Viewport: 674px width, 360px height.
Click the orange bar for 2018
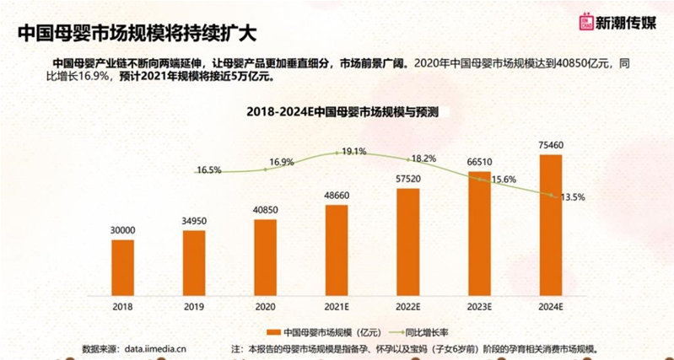coord(122,264)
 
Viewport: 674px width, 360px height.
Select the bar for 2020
coord(265,254)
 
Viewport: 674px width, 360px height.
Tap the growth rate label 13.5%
coord(571,196)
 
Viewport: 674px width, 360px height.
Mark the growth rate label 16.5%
coord(208,170)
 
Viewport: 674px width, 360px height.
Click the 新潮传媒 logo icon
coord(585,23)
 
